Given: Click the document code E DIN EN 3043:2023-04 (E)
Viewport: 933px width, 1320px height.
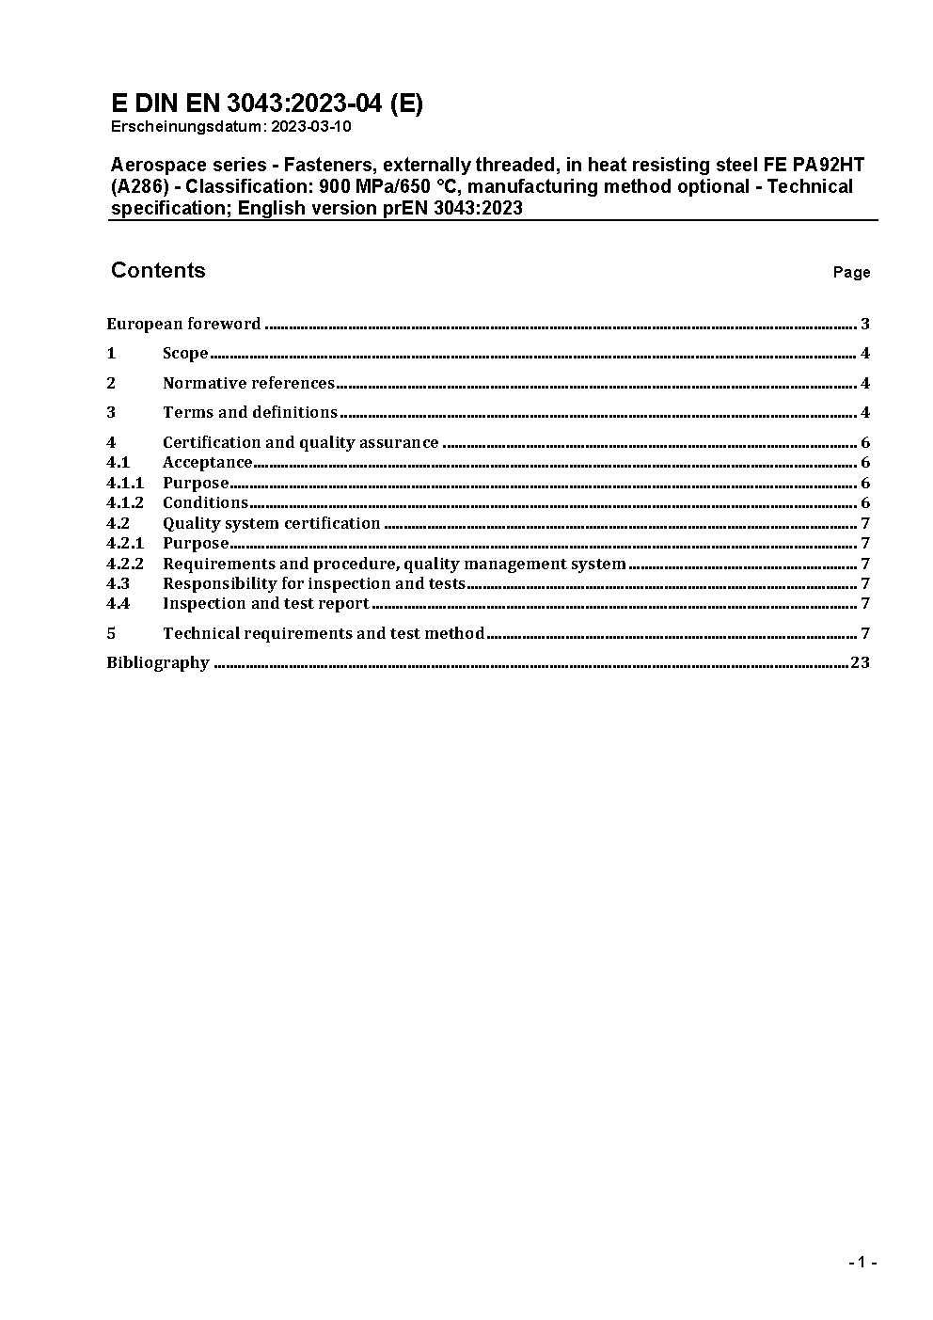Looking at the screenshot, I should [x=267, y=103].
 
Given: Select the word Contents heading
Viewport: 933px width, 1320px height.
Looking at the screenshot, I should [x=158, y=271].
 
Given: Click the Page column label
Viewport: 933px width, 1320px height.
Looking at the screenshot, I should [x=851, y=273].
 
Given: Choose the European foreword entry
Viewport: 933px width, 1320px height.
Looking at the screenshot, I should [x=183, y=325].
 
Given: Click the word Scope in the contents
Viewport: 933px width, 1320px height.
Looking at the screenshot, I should [x=185, y=354].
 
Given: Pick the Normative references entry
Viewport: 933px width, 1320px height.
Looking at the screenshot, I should [x=248, y=383].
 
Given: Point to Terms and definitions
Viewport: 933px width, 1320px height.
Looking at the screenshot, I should [x=250, y=412].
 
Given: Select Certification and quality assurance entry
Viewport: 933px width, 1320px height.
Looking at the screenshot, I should [x=300, y=442].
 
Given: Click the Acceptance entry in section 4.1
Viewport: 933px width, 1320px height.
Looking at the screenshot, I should [x=208, y=462].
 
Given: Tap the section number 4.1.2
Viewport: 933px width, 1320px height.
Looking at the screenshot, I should [x=125, y=502].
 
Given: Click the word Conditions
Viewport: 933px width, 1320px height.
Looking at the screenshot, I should [x=205, y=502].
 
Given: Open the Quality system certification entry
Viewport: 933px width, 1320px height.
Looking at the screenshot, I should [x=271, y=523].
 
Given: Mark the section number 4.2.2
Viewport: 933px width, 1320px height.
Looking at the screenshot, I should [x=125, y=564].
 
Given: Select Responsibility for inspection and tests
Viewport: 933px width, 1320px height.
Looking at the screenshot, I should [x=314, y=583].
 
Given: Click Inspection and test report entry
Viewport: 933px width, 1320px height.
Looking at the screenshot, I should [x=265, y=603].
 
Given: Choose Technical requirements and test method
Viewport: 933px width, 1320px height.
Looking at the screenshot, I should [x=324, y=633].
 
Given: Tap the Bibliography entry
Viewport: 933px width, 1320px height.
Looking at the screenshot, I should [x=158, y=662].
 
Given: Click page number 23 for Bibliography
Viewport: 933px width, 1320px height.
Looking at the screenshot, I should [x=860, y=662].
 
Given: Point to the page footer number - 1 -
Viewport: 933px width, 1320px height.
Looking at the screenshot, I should [x=862, y=1263].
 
